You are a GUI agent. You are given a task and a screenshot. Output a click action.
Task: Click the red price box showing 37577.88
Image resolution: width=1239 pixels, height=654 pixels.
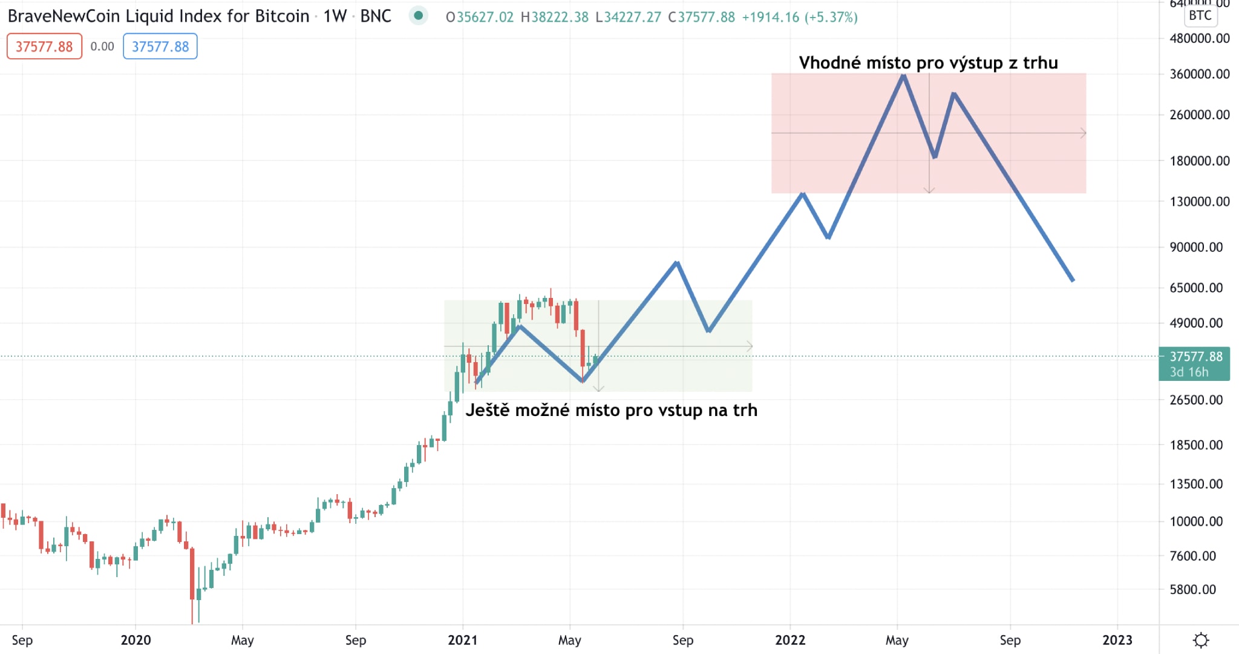pos(44,47)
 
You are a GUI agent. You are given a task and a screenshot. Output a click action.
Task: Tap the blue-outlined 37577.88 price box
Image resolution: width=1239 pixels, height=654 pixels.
pos(160,47)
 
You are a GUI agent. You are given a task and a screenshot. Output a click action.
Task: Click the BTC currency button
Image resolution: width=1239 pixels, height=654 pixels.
pos(1200,16)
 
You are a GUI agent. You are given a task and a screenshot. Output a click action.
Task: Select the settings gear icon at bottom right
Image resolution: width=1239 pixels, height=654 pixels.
pos(1201,640)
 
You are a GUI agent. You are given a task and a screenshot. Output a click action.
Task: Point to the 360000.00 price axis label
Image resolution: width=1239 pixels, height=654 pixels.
pos(1200,74)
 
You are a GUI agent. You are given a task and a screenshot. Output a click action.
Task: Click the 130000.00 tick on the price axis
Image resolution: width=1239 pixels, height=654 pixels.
pos(1200,201)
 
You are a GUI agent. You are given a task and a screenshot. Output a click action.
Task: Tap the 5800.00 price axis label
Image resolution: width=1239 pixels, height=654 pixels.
pos(1193,589)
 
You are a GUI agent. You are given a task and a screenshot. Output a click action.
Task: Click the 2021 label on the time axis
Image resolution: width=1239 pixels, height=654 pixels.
pos(462,640)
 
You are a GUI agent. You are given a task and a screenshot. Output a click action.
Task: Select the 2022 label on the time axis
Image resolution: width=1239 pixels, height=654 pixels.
pos(790,640)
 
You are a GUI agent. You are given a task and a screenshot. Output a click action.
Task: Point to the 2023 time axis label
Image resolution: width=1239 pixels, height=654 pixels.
pos(1117,640)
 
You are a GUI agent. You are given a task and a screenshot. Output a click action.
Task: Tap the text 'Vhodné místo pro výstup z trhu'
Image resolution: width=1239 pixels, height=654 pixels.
pos(928,63)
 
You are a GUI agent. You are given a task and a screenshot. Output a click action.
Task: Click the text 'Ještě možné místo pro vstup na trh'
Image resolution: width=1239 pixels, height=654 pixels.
pos(611,411)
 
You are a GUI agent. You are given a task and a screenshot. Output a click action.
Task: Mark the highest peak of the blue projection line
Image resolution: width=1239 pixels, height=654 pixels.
pos(903,76)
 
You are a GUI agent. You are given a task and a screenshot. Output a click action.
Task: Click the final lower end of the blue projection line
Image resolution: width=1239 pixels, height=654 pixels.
pos(1072,280)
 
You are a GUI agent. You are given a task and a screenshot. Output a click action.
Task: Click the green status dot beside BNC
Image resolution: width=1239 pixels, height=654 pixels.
pos(418,16)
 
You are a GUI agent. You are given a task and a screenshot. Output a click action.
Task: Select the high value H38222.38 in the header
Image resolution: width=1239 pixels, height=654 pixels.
pos(555,17)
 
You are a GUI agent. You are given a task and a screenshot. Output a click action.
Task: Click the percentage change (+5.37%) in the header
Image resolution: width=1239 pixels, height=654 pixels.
pos(831,17)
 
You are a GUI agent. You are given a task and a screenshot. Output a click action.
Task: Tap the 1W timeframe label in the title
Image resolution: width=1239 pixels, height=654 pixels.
pos(335,16)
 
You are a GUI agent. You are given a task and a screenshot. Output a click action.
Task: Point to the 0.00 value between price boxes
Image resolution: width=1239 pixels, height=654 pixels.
pos(102,47)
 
